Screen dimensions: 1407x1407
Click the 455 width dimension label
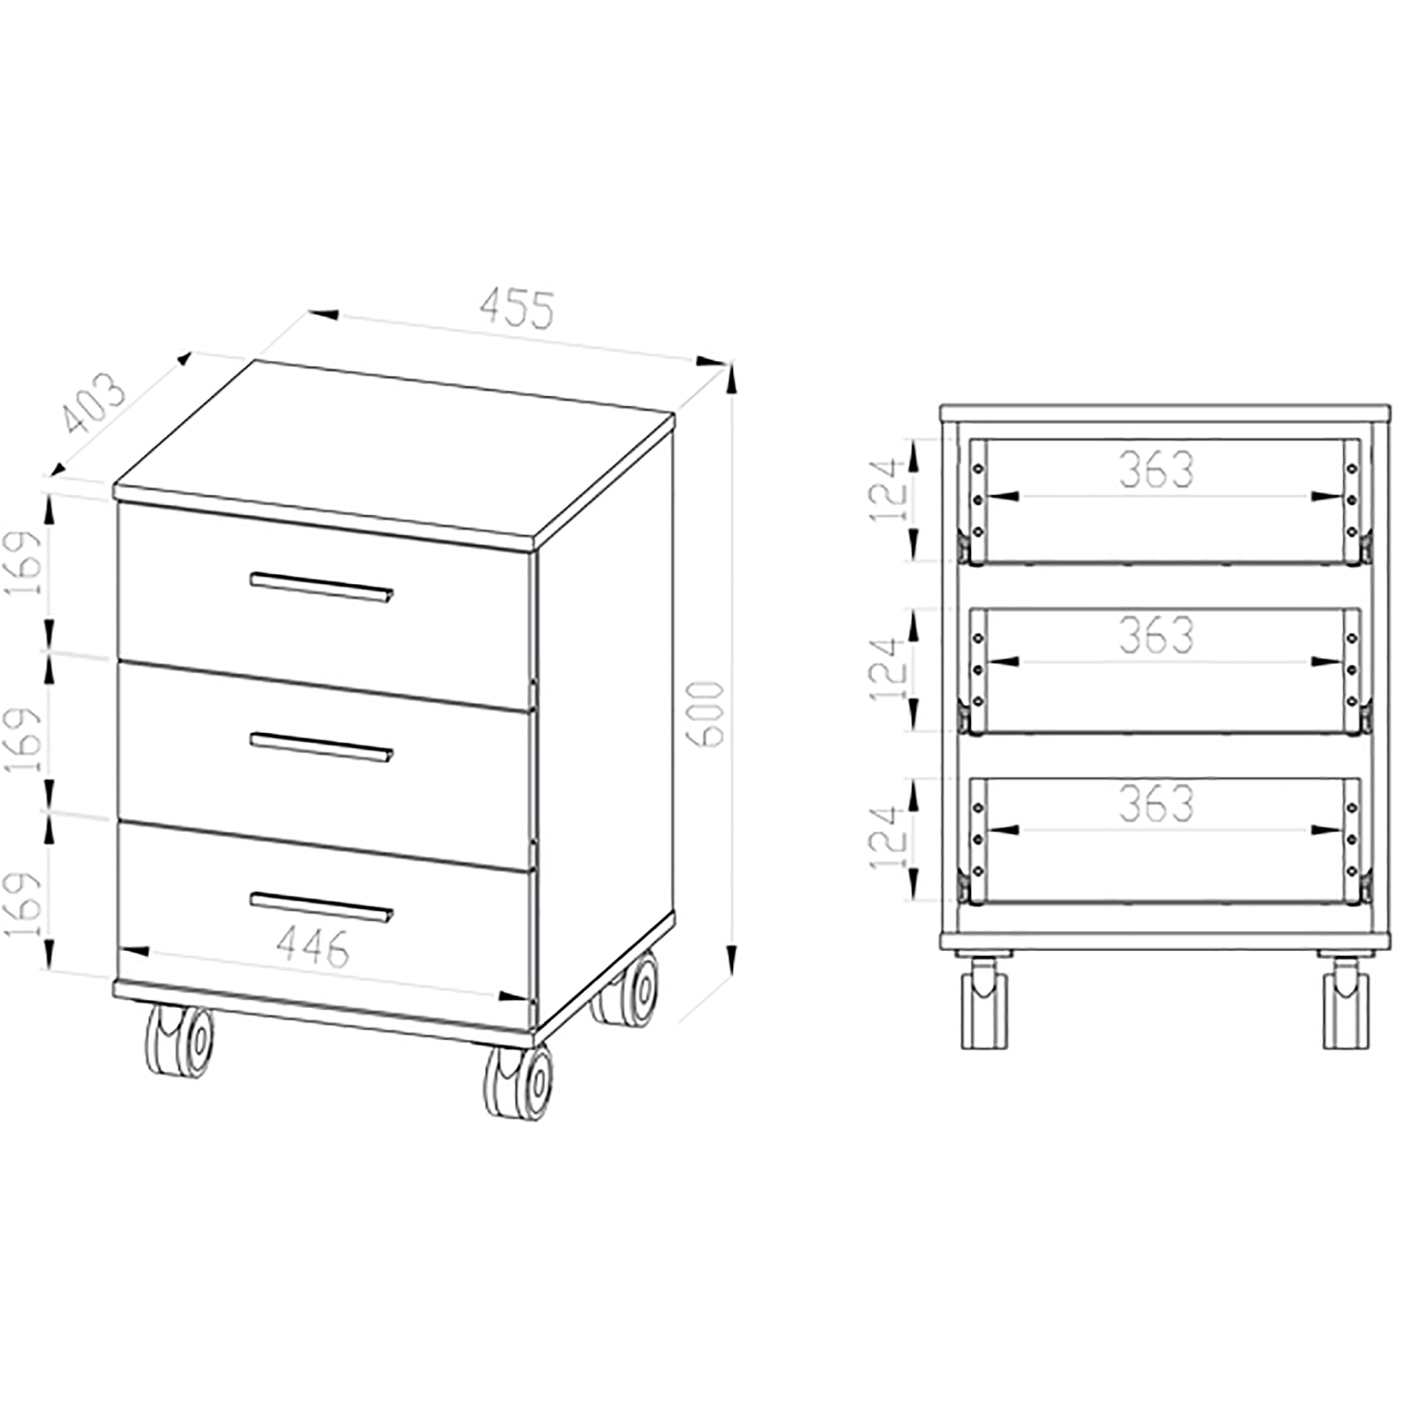tap(518, 309)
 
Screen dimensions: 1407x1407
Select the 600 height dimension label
tap(707, 713)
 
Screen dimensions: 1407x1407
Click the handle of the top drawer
tap(321, 587)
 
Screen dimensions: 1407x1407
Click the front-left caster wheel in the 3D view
tap(179, 1041)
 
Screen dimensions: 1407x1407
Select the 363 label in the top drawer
tap(1157, 470)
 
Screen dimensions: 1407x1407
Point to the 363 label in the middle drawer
tap(1157, 636)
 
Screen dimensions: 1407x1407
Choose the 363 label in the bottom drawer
tap(1157, 803)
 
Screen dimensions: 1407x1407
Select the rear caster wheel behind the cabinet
tap(625, 991)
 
